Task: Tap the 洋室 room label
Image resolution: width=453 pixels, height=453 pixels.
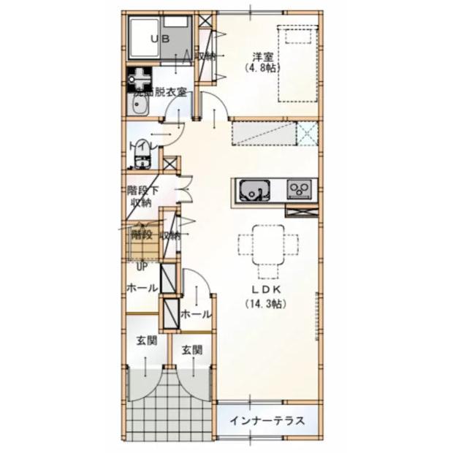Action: [263, 56]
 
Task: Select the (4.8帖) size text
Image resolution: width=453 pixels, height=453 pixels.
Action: [263, 67]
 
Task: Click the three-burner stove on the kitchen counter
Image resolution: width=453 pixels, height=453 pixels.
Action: [300, 190]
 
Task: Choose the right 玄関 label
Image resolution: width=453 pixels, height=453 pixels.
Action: [192, 350]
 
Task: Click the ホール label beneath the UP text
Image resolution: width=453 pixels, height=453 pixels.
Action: [142, 289]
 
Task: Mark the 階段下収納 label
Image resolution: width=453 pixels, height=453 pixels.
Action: [141, 195]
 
